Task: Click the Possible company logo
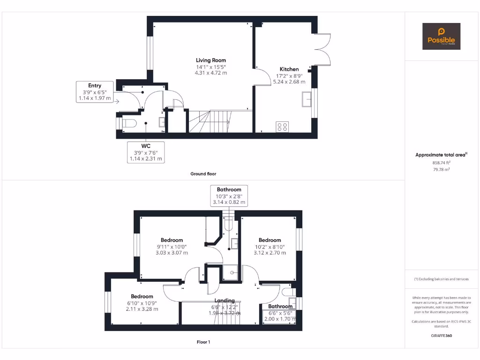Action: click(441, 36)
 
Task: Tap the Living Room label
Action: click(210, 60)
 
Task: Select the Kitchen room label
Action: click(289, 69)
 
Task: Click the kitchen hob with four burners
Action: click(282, 127)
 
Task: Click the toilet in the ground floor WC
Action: click(127, 123)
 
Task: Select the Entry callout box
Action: click(95, 92)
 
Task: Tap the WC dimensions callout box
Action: click(145, 152)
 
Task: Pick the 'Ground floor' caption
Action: click(203, 174)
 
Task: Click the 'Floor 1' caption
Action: click(203, 342)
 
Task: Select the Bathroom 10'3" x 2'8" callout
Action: click(229, 195)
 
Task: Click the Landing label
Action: click(225, 300)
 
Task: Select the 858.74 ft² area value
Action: click(441, 163)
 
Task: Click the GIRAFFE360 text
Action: click(441, 336)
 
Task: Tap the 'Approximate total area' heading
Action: click(440, 155)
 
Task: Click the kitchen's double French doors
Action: click(322, 50)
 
